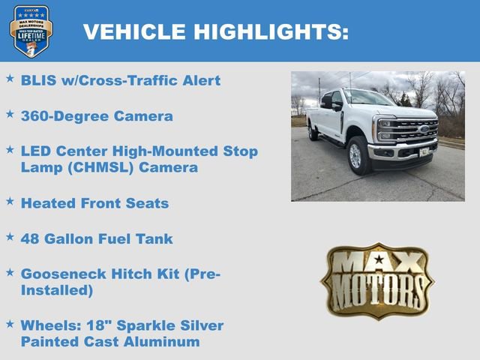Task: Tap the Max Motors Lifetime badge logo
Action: pos(31,31)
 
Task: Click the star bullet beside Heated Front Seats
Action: pos(10,201)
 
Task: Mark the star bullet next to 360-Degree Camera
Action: pos(10,114)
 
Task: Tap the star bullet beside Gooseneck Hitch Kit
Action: pos(10,272)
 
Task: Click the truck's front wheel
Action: pos(356,155)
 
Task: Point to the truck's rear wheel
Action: pos(312,131)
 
